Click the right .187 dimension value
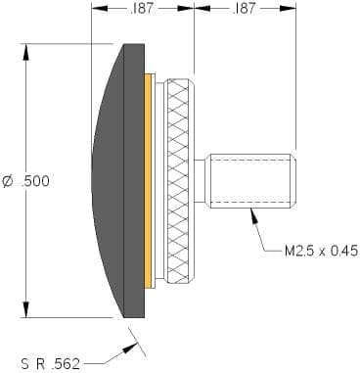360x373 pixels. (x=244, y=9)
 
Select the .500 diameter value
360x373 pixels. (x=35, y=181)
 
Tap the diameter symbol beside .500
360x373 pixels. (x=8, y=181)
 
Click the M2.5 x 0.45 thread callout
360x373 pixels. (x=321, y=251)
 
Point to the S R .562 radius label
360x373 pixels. (x=51, y=363)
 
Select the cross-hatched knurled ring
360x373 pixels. (x=180, y=181)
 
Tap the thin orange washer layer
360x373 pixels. (x=149, y=181)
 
